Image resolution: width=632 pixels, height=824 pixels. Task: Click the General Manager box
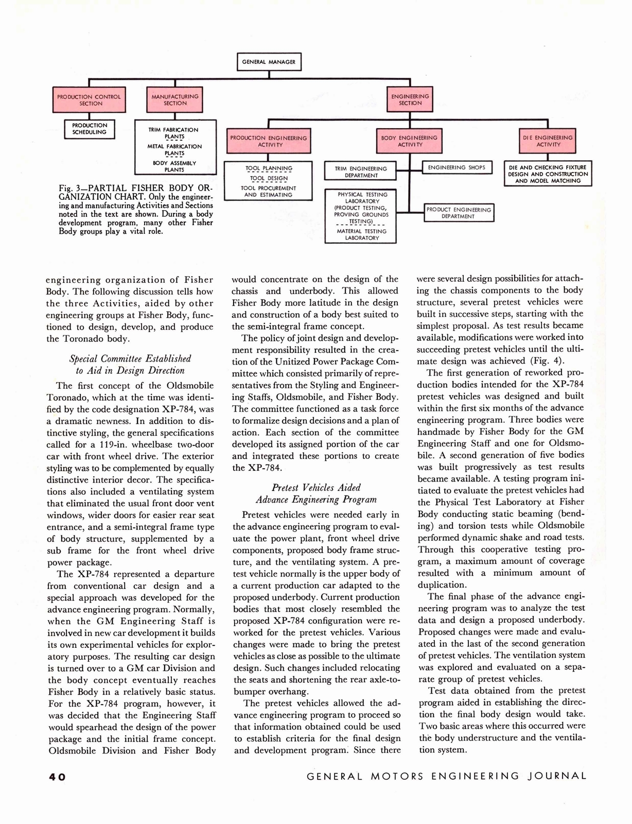[269, 62]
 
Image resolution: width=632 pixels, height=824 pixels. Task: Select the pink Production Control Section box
[89, 100]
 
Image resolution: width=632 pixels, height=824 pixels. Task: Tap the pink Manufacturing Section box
[175, 100]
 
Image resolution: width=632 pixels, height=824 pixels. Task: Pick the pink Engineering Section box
[410, 100]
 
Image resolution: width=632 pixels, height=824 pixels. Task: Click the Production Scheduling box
[90, 129]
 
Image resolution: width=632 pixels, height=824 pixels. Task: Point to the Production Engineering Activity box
[268, 141]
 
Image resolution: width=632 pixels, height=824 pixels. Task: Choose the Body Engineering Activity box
[409, 141]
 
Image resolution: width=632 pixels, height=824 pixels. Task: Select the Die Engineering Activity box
[548, 141]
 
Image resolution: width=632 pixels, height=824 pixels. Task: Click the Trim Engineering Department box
[360, 172]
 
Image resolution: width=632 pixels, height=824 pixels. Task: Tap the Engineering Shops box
[457, 168]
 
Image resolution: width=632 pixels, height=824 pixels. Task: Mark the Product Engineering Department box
[459, 213]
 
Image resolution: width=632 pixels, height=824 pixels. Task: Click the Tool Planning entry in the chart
[269, 168]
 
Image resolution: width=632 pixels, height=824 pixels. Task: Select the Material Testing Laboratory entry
[362, 235]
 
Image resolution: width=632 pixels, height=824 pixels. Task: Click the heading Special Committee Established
[130, 358]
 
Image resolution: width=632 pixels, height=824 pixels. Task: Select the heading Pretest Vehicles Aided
[316, 487]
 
